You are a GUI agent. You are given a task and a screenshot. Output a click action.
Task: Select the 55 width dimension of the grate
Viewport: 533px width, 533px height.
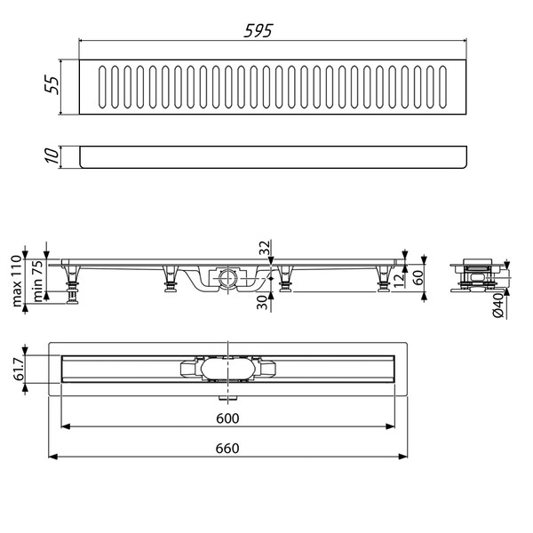point(52,87)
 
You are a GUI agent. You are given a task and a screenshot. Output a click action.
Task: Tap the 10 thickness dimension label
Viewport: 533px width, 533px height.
point(52,155)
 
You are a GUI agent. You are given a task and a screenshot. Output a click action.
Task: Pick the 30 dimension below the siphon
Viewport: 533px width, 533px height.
point(264,303)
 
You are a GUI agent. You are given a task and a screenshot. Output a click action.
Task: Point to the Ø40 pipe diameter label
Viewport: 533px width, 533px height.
point(499,305)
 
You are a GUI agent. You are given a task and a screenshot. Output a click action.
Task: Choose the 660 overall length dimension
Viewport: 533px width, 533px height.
point(228,449)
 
